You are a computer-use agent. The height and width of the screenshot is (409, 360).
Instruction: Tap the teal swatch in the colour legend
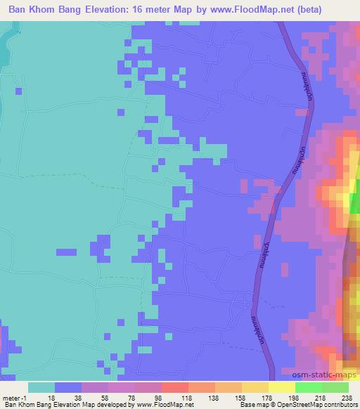click(41, 387)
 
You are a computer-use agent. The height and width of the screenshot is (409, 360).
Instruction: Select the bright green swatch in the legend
click(308, 387)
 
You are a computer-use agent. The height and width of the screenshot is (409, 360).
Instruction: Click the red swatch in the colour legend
click(174, 387)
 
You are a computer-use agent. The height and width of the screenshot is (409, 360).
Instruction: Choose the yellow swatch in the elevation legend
click(281, 387)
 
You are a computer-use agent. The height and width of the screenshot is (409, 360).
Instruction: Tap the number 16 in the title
click(159, 9)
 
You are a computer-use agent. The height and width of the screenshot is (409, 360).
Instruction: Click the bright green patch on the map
click(356, 204)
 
